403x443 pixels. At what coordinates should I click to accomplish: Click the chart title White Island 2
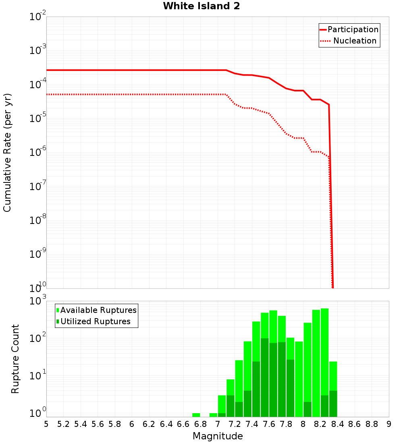click(201, 6)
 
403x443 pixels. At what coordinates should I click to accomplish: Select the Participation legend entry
click(353, 29)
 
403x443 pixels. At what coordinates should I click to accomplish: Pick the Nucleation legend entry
click(355, 41)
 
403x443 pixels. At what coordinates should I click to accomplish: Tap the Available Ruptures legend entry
click(98, 310)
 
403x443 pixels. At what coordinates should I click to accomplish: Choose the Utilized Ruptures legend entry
click(95, 321)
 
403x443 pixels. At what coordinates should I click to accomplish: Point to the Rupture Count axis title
click(15, 359)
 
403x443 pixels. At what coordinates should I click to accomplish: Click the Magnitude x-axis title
click(218, 436)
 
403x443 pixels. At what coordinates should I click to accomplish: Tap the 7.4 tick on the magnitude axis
click(252, 424)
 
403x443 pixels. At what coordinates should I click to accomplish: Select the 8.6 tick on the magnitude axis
click(355, 424)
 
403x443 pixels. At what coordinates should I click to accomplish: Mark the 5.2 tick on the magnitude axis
click(63, 424)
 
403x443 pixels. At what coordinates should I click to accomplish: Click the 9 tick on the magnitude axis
click(389, 424)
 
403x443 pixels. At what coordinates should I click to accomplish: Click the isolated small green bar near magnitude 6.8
click(196, 415)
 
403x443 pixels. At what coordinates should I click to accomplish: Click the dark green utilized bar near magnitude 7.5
click(265, 379)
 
